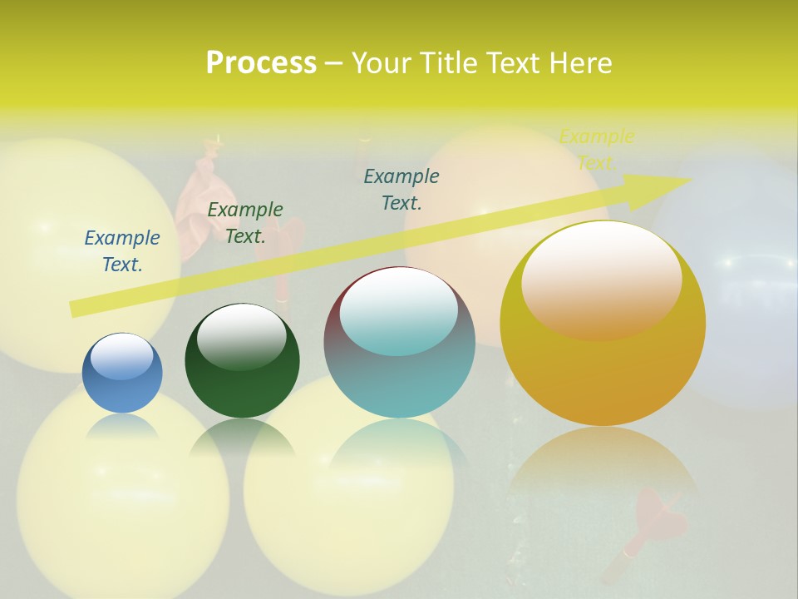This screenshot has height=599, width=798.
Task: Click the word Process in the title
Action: pos(261,63)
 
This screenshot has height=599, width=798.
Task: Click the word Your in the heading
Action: pos(382,63)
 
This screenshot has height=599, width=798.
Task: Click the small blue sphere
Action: pos(122,374)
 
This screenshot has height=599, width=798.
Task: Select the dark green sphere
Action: pos(242,362)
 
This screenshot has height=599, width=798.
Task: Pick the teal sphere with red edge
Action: pos(399,343)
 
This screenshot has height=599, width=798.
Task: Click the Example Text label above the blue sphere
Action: pos(122,251)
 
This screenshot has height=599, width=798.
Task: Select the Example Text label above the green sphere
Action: pos(245,223)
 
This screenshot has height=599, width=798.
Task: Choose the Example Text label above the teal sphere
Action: pos(401,189)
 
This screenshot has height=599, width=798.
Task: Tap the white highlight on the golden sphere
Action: pos(601,279)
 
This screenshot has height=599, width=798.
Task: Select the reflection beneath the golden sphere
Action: pos(603,466)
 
